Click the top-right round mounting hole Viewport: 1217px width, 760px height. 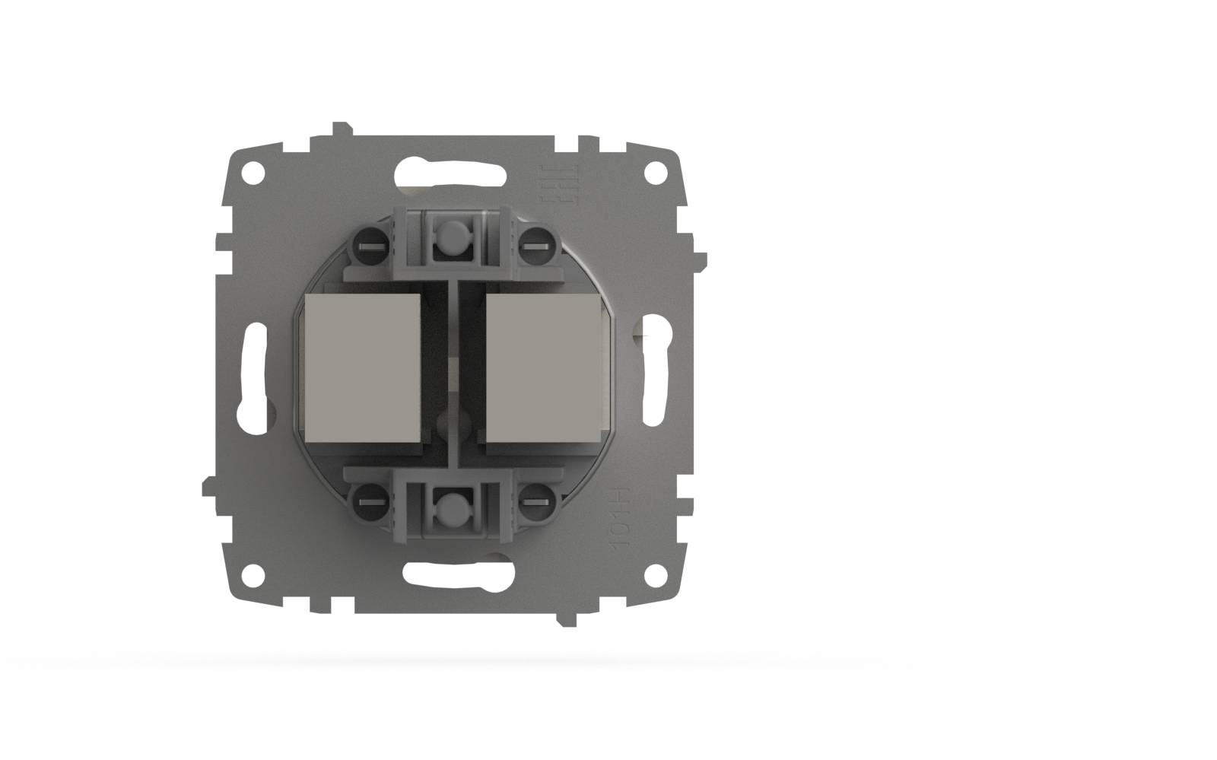click(653, 173)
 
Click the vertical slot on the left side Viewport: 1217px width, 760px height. click(256, 372)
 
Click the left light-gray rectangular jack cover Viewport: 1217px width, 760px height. click(362, 370)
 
